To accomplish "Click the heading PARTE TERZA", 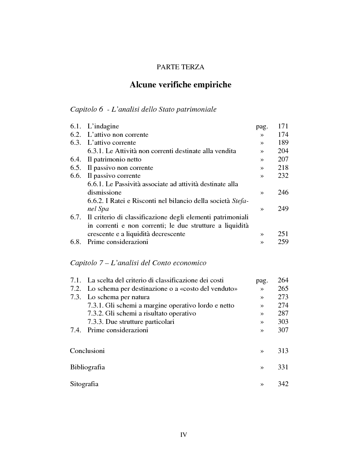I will click(180, 67).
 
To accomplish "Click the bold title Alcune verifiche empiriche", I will click(180, 85).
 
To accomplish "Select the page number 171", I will click(283, 126).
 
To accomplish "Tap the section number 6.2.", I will click(75, 135).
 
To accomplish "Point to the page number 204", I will click(283, 151).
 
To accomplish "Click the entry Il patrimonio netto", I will click(114, 159).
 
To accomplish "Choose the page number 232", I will click(283, 176).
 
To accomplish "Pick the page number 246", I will click(283, 192).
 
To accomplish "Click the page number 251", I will click(283, 234).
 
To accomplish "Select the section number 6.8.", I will click(75, 242).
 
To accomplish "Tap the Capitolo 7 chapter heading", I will click(138, 263).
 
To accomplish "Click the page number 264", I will click(283, 280).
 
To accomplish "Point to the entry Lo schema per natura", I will click(118, 297).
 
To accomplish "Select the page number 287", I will click(283, 313).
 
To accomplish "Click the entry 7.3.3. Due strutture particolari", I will click(131, 322).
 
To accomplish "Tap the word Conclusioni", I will click(87, 351).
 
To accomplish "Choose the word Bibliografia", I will click(87, 367).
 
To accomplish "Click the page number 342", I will click(283, 384).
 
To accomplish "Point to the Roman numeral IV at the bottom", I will click(184, 435).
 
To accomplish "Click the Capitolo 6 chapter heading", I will click(143, 109).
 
